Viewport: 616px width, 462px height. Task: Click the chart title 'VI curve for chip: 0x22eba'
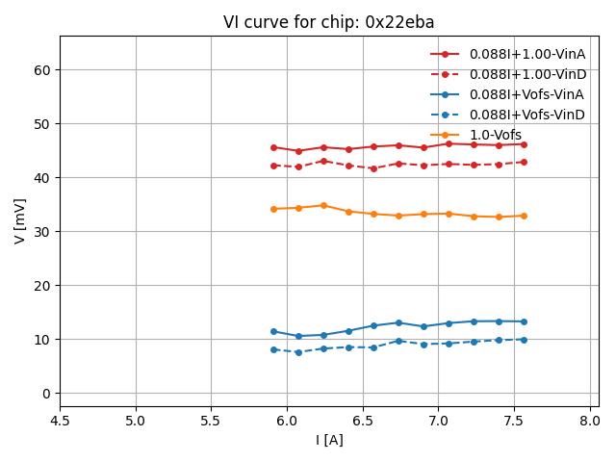tap(329, 22)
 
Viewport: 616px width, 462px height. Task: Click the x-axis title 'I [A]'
tap(329, 440)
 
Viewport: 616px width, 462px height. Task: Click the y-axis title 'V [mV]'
tap(20, 221)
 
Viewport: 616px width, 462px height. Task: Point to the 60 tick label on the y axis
tap(42, 70)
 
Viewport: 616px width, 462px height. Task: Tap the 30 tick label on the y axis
tap(42, 232)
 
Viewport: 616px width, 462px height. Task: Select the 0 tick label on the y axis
tap(46, 394)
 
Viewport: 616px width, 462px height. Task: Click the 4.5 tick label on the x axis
tap(60, 421)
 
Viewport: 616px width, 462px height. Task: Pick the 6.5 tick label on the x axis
tap(363, 421)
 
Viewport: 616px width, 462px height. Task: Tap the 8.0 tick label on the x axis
tap(590, 421)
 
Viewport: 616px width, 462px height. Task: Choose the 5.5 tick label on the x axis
tap(211, 421)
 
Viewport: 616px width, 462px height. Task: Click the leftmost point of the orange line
tap(273, 209)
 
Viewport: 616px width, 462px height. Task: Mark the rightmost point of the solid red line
tap(524, 144)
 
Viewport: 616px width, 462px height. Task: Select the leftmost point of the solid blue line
tap(273, 331)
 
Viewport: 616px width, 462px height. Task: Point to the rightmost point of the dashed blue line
tap(524, 340)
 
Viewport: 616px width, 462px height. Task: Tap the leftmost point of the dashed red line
tap(273, 166)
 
